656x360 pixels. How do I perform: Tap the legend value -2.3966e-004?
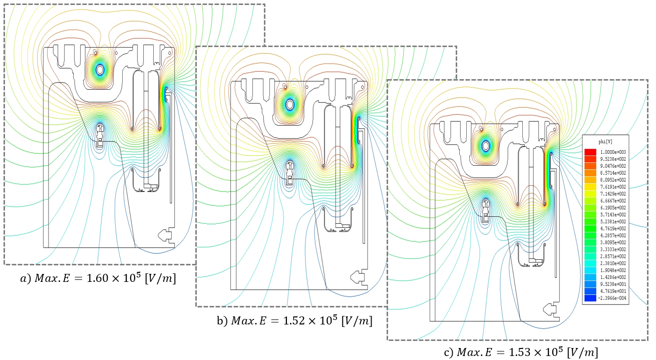click(615, 298)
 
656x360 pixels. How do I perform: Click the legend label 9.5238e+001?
click(615, 283)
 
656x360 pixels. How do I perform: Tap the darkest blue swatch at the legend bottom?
click(591, 298)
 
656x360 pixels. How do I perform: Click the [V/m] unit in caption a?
click(160, 278)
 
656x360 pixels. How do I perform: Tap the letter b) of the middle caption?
click(222, 321)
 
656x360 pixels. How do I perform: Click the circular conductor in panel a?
click(101, 70)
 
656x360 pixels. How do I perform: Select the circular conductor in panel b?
click(289, 105)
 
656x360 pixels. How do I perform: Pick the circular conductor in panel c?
click(485, 146)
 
